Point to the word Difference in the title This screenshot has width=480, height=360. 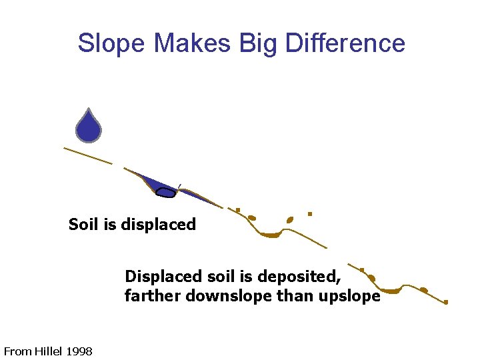(x=345, y=44)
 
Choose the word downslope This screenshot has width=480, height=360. (x=228, y=296)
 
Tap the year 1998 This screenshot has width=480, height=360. (x=80, y=351)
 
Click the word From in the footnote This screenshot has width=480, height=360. (x=17, y=351)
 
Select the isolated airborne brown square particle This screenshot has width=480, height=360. (x=310, y=214)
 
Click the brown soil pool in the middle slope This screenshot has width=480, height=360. (x=271, y=235)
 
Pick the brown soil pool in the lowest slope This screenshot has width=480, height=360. (x=390, y=291)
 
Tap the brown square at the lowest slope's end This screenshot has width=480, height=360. (x=446, y=302)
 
